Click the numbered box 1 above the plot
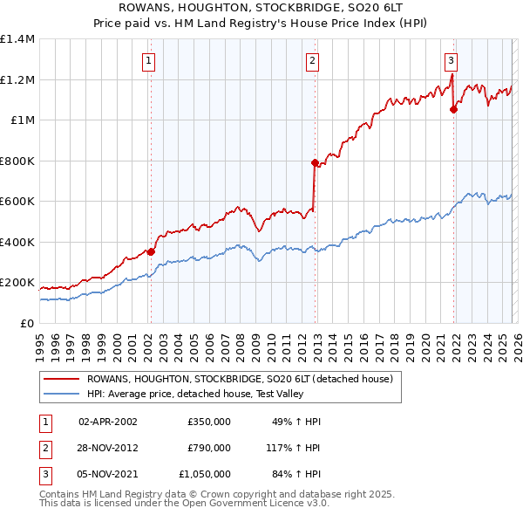click(149, 61)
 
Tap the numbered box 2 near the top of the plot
click(312, 61)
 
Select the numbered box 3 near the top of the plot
click(451, 61)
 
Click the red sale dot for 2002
click(151, 251)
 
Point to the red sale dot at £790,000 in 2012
click(315, 162)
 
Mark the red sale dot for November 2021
click(453, 110)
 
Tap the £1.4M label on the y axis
click(17, 39)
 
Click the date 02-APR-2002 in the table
click(108, 422)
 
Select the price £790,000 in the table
click(209, 448)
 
